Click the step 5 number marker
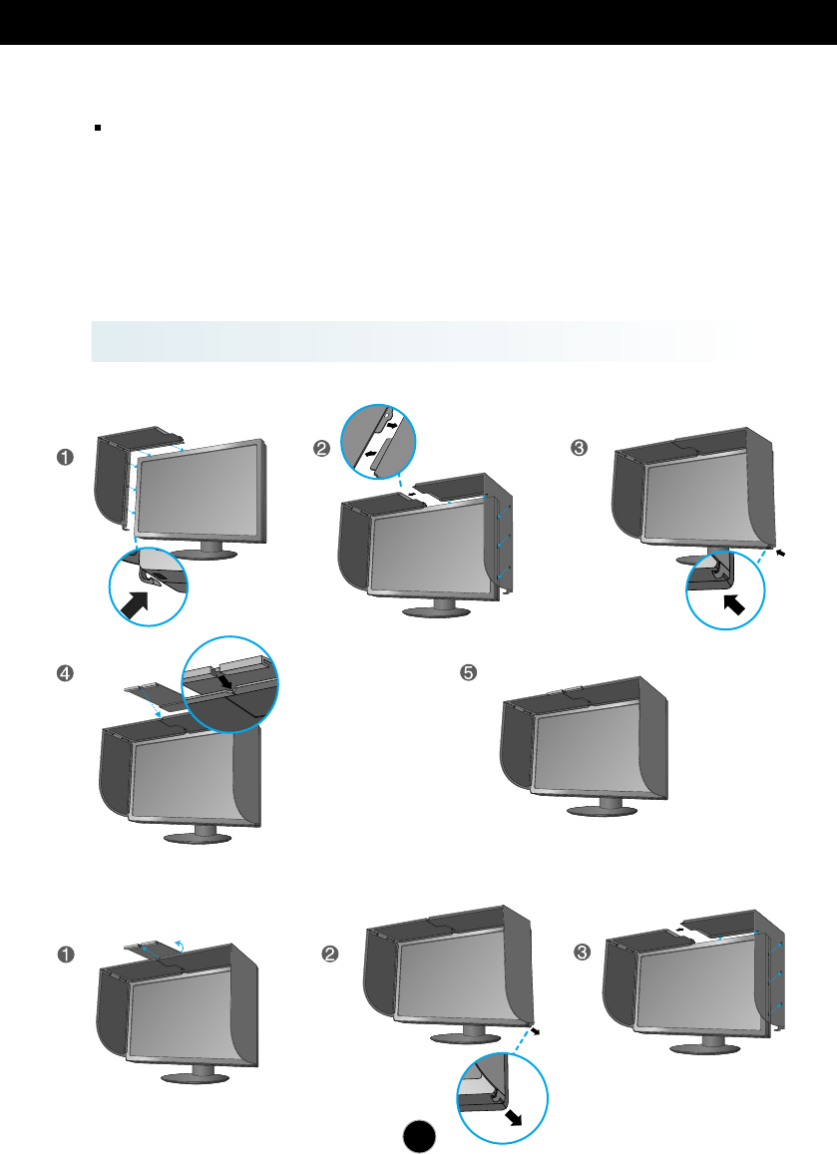[466, 673]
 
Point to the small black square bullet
[99, 129]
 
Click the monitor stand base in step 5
[601, 809]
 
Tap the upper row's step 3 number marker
[578, 449]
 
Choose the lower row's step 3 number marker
[586, 953]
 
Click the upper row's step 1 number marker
[65, 458]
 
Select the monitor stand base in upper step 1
[206, 555]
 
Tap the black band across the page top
[418, 21]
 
